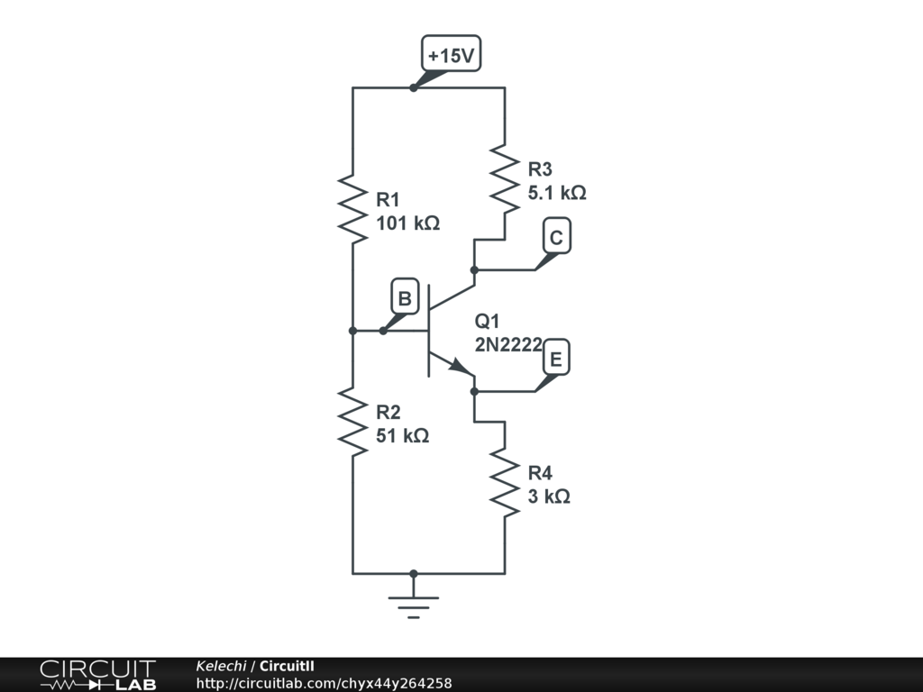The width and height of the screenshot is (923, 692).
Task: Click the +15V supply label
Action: [451, 55]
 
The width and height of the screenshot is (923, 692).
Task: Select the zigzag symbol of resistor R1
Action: [352, 209]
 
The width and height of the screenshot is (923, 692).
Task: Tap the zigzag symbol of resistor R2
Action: [352, 422]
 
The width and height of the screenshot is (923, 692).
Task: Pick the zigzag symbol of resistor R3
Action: [505, 179]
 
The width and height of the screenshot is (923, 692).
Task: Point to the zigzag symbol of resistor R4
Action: [505, 483]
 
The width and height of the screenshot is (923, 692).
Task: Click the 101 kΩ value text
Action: [407, 223]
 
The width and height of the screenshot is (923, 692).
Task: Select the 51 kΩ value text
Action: [402, 436]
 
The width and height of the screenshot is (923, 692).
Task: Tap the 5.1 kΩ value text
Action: [557, 192]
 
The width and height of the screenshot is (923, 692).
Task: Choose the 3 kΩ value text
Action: [549, 496]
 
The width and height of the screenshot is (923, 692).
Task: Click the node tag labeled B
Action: [405, 298]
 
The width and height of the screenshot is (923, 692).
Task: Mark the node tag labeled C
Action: [556, 237]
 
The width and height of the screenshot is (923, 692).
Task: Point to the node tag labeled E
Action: [556, 360]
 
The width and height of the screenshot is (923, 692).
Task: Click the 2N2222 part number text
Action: [508, 343]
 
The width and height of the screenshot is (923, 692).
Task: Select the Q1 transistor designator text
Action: [488, 322]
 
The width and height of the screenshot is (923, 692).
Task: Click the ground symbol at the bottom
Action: [414, 602]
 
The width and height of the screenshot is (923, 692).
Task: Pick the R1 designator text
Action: [388, 200]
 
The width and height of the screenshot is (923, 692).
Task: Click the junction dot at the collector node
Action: [474, 269]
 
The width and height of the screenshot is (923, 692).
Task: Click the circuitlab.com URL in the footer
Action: [324, 683]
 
